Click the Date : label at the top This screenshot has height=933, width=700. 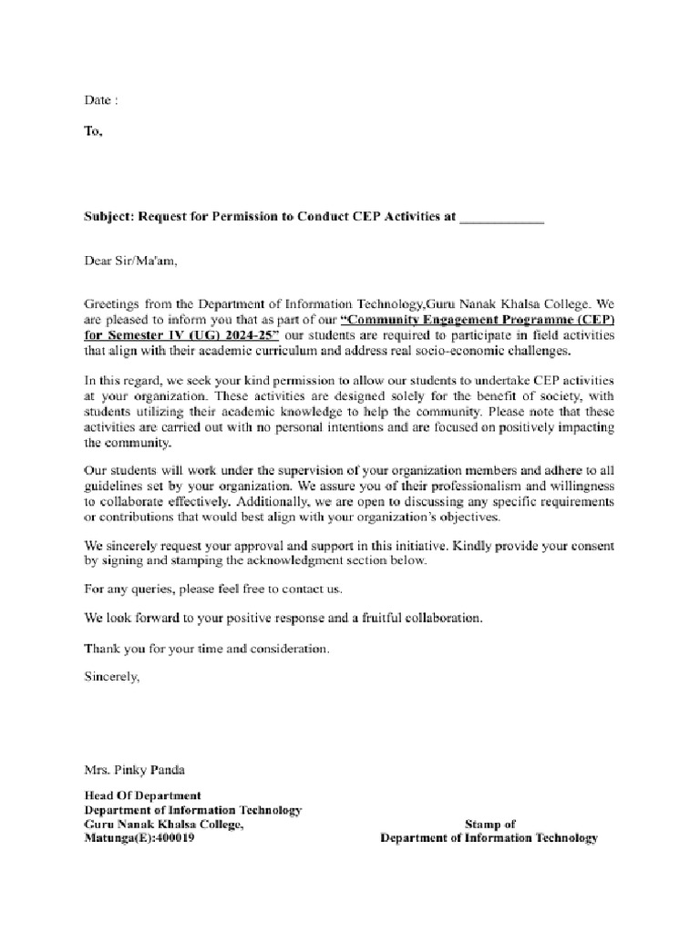[100, 98]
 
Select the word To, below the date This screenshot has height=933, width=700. [94, 131]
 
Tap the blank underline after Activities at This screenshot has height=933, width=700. [501, 220]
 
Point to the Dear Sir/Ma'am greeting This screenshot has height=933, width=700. [127, 261]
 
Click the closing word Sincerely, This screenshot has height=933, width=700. [113, 677]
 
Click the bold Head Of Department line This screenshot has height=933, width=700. [143, 795]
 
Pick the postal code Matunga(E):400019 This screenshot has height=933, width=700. [139, 838]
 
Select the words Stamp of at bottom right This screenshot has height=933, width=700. [489, 824]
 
